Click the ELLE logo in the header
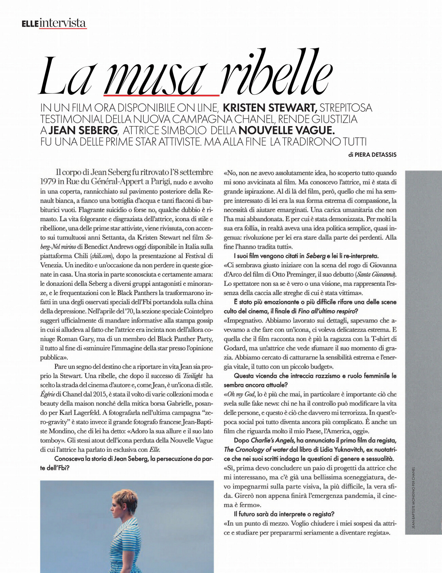click(x=30, y=23)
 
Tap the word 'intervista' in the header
click(x=62, y=23)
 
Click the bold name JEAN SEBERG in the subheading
click(x=83, y=131)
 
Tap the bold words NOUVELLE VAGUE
click(x=287, y=131)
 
